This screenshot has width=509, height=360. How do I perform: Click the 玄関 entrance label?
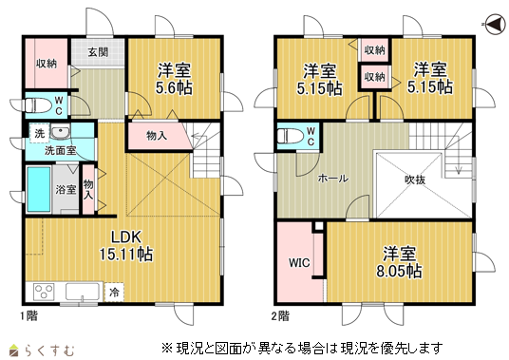click(98, 52)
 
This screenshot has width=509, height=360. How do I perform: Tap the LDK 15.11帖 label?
click(126, 246)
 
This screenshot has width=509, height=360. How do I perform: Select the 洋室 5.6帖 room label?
click(175, 79)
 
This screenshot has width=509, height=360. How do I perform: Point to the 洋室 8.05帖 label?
click(399, 262)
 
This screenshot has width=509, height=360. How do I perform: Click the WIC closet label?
click(299, 262)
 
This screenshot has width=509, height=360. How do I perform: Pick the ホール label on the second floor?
click(333, 179)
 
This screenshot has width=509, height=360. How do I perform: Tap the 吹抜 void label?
click(415, 180)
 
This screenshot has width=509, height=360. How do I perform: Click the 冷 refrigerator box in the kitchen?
click(114, 293)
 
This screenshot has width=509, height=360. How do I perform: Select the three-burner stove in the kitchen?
click(44, 292)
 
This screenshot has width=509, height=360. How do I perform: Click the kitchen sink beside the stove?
click(83, 292)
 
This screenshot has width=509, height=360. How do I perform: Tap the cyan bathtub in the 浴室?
click(39, 189)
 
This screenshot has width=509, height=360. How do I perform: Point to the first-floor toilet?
click(38, 105)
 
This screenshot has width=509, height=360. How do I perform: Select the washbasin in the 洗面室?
click(60, 132)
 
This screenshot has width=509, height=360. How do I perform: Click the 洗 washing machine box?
click(40, 133)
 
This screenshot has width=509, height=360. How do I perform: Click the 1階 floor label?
click(29, 315)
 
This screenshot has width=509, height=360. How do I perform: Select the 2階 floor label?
click(280, 316)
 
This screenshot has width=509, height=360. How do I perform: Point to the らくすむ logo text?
click(49, 350)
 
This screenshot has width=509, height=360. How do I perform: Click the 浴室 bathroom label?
click(66, 190)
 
